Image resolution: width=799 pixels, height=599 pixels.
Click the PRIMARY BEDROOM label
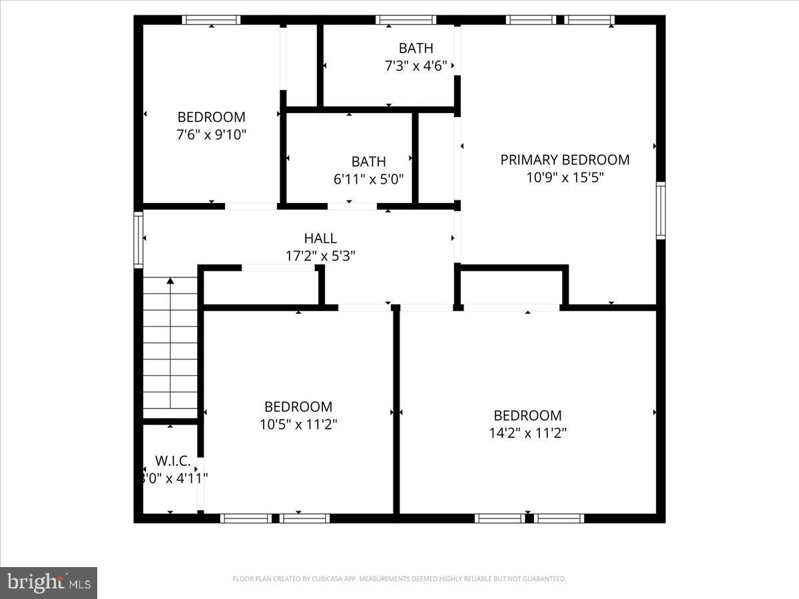[565, 160]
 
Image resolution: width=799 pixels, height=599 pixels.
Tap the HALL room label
[320, 238]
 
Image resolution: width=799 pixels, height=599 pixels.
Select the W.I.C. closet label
[173, 461]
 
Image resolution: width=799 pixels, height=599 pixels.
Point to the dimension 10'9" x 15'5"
[565, 178]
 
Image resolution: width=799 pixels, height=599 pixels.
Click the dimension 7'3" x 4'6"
[415, 66]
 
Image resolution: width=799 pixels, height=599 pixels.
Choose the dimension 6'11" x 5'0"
[368, 179]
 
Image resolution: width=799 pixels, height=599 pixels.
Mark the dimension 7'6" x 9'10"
[211, 134]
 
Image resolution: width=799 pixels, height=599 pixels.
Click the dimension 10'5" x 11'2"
[298, 425]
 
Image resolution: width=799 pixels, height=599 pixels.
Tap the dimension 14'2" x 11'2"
[527, 433]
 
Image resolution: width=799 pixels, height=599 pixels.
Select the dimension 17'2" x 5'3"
[320, 256]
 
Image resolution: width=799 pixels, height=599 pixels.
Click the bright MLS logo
[49, 582]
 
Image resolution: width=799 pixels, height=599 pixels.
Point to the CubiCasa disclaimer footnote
[399, 579]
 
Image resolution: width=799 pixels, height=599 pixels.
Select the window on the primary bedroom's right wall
[661, 210]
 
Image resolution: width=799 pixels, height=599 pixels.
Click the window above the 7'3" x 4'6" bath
[405, 20]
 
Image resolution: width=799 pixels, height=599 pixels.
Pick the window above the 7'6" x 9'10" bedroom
[211, 20]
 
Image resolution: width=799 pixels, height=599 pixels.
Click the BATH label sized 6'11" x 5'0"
[368, 162]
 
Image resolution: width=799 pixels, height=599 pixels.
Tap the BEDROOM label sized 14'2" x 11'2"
[527, 416]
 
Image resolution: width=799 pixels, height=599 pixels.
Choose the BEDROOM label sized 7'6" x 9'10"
[211, 117]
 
